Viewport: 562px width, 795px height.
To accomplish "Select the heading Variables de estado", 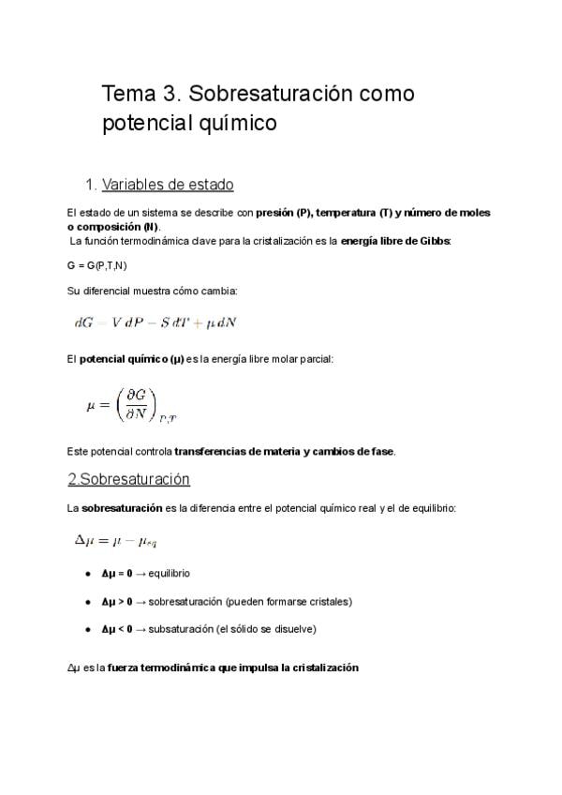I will tap(181, 184).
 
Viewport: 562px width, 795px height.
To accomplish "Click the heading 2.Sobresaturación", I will tap(128, 479).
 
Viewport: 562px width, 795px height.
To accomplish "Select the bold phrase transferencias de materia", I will tap(238, 452).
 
